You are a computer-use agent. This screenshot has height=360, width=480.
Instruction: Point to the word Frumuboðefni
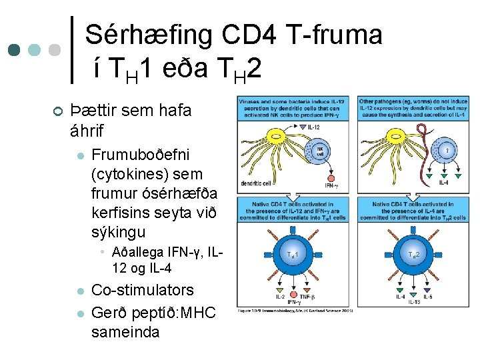point(140,155)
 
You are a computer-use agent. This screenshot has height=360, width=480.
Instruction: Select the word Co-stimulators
point(142,290)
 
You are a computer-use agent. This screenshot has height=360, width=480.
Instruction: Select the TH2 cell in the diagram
point(413,255)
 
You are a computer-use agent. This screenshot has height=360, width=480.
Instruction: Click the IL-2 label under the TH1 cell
point(280,296)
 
